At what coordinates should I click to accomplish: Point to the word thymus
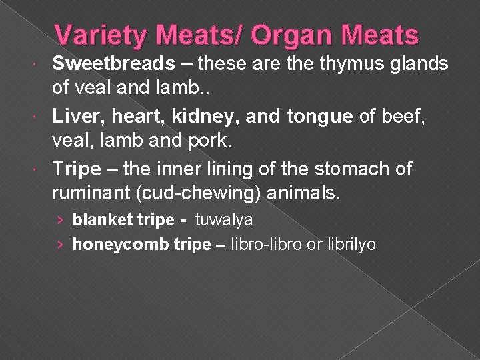click(x=336, y=64)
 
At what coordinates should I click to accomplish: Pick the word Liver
click(x=71, y=117)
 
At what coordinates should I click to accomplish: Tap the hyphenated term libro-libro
click(x=260, y=245)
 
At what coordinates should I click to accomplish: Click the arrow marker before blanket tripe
click(x=61, y=219)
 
